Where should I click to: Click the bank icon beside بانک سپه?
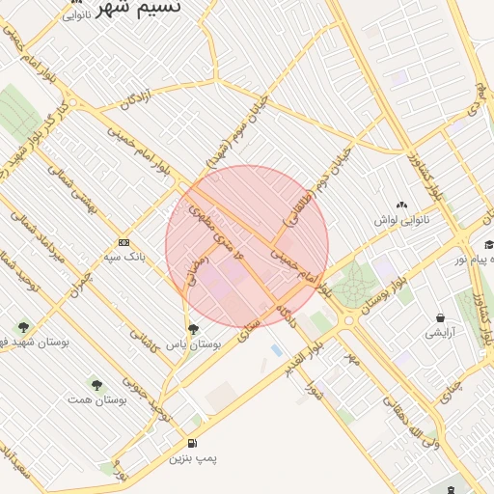(x=123, y=242)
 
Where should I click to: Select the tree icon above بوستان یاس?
(x=193, y=329)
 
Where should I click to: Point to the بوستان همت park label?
(x=95, y=398)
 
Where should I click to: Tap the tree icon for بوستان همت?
(x=95, y=384)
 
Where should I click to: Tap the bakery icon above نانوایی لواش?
(x=401, y=205)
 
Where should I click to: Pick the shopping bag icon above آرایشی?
(x=440, y=317)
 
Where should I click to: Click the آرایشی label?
(x=440, y=333)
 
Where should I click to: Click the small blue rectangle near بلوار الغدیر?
(x=277, y=348)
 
